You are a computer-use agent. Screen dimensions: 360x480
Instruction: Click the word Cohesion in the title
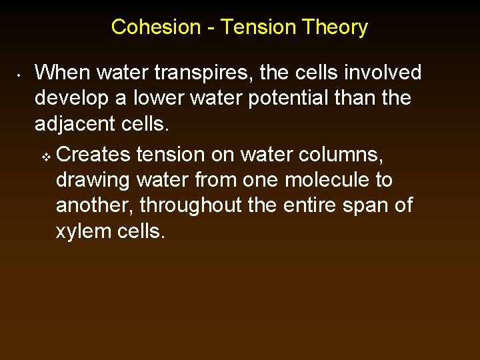[x=155, y=27]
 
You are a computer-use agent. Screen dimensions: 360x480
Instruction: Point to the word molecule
[x=321, y=181]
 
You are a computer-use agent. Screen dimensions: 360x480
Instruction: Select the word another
[x=93, y=206]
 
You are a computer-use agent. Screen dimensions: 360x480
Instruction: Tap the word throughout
[x=193, y=206]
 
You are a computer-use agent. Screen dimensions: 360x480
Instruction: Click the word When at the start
[x=61, y=73]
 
